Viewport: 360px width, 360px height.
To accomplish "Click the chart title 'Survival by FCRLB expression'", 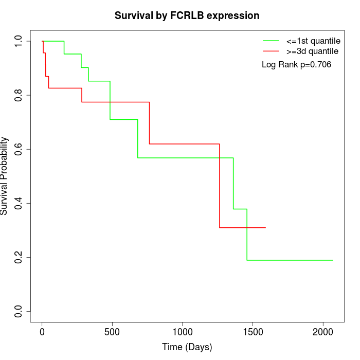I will (x=187, y=16).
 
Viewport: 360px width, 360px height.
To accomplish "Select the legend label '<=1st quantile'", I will (x=313, y=41).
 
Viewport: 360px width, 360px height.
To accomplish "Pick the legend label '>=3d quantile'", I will (x=313, y=51).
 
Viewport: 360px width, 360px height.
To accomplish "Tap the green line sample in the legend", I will (x=271, y=41).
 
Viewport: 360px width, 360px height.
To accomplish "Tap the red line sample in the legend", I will (x=271, y=51).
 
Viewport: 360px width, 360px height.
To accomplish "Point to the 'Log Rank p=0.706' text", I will (x=296, y=65).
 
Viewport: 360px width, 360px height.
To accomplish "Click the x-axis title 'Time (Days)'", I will (x=187, y=347).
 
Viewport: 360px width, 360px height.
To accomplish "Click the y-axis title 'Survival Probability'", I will (x=5, y=176).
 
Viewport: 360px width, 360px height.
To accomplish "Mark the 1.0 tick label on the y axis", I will (x=19, y=41).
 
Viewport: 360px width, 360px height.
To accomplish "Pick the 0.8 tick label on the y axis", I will (x=19, y=95).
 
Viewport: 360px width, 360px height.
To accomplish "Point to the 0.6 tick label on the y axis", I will (x=19, y=149).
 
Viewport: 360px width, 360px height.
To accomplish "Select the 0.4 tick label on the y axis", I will (x=19, y=203).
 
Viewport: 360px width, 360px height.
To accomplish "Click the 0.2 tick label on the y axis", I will (x=19, y=257).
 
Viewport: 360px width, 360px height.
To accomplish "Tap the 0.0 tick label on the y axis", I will (x=19, y=311).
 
